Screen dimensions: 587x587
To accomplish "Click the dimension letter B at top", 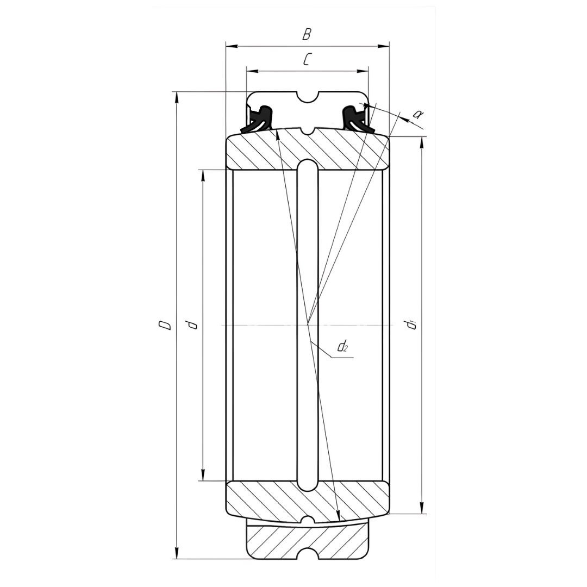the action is pyautogui.click(x=307, y=34).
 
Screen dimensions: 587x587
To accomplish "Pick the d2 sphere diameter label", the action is pyautogui.click(x=342, y=347).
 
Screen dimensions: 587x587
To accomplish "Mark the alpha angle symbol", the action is pyautogui.click(x=417, y=114).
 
